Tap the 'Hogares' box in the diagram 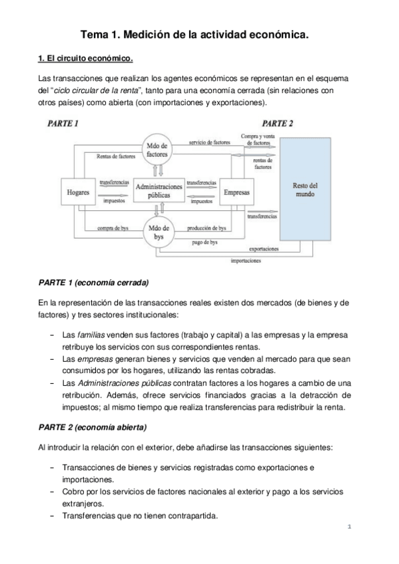(x=78, y=192)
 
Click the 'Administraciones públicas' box (x=159, y=192)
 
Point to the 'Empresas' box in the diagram (x=237, y=192)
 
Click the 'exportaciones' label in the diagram (x=264, y=249)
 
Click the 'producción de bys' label (x=206, y=228)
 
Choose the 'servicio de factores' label (x=210, y=142)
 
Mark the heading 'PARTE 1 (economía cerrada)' (x=93, y=282)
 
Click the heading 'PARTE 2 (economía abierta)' (x=93, y=426)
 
